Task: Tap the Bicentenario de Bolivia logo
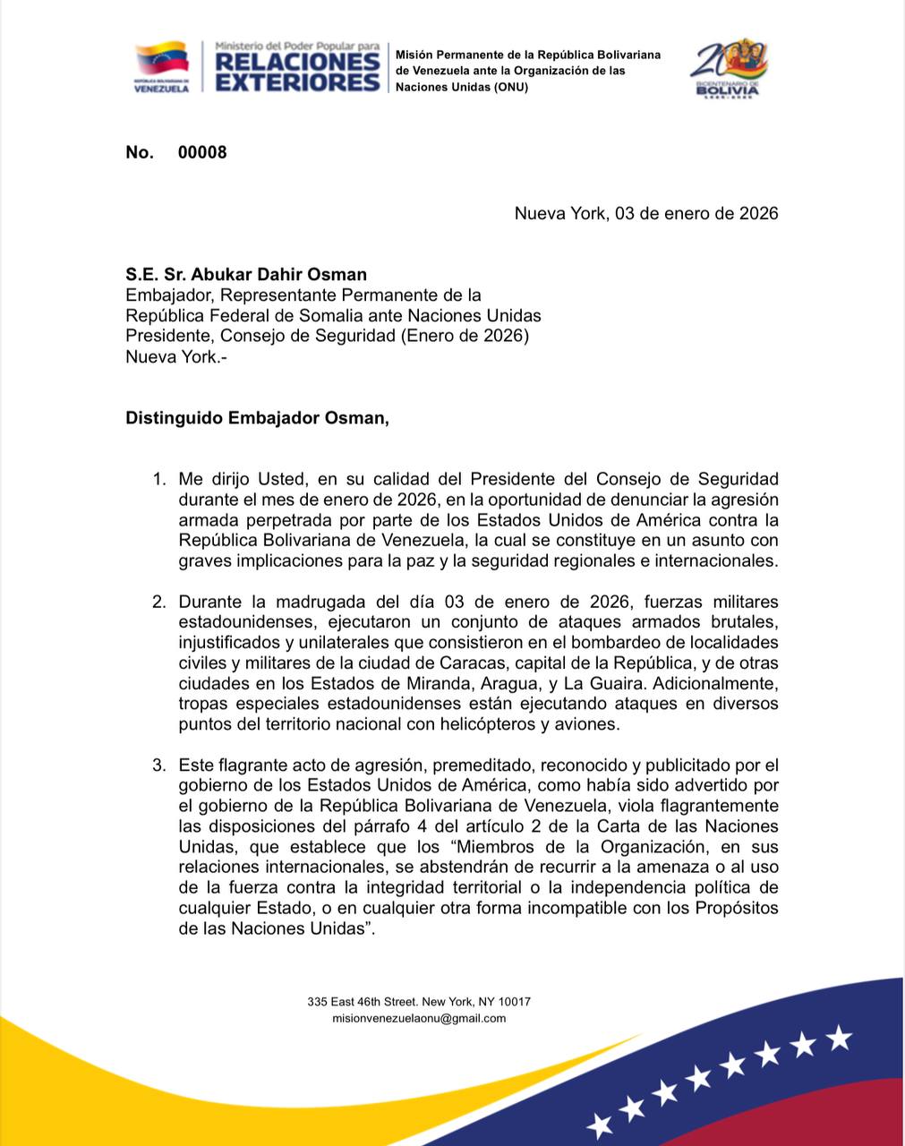coord(728,67)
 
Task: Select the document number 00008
coord(202,152)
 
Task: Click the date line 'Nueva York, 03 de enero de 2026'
coord(645,213)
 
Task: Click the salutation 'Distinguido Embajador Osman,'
coord(258,417)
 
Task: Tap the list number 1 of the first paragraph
coord(158,479)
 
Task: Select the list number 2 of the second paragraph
coord(158,602)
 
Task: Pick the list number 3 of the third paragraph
coord(158,765)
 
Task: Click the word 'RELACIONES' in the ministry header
coord(298,62)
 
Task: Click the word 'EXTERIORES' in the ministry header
coord(298,82)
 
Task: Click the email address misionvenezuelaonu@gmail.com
coord(419,1018)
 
